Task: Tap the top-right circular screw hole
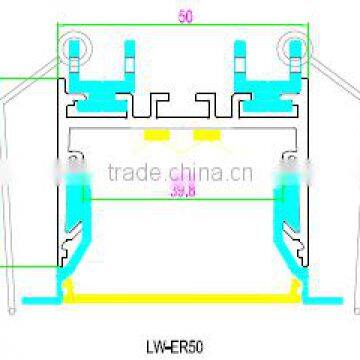point(293,46)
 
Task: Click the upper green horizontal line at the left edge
point(20,79)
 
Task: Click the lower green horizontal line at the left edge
point(20,267)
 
